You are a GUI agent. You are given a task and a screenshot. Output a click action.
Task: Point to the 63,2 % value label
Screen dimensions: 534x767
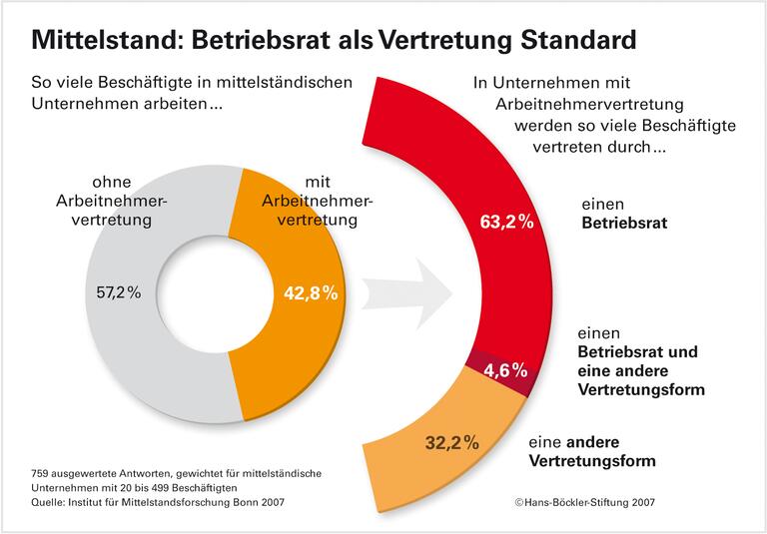pyautogui.click(x=506, y=223)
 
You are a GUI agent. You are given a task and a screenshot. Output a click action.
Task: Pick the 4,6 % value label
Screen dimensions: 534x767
pyautogui.click(x=506, y=370)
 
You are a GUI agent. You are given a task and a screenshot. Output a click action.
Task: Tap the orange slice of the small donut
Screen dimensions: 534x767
pyautogui.click(x=290, y=349)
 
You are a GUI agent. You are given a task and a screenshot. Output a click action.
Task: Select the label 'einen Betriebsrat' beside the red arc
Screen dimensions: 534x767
pyautogui.click(x=623, y=213)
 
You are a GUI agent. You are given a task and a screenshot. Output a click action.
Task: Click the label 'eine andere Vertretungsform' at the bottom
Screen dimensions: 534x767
pyautogui.click(x=592, y=451)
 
